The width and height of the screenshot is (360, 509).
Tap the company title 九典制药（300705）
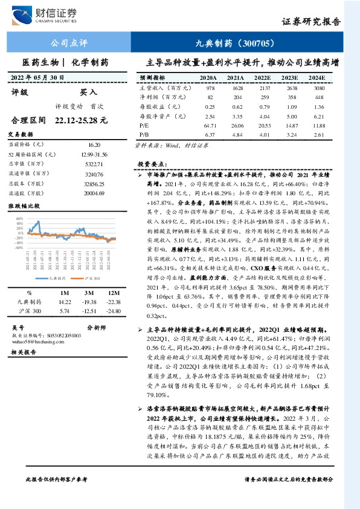(x=237, y=44)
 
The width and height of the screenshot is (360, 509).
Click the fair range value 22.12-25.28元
(x=81, y=121)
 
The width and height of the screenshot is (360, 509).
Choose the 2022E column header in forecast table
(x=262, y=78)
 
